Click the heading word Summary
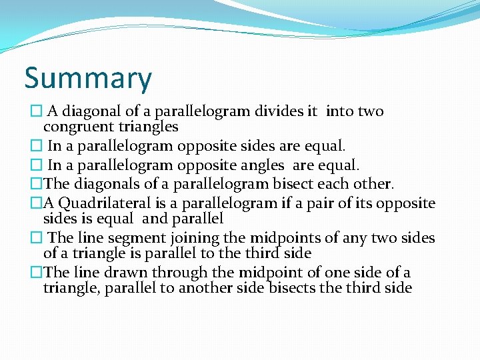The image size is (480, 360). click(x=88, y=79)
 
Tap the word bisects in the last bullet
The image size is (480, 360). click(x=295, y=288)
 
